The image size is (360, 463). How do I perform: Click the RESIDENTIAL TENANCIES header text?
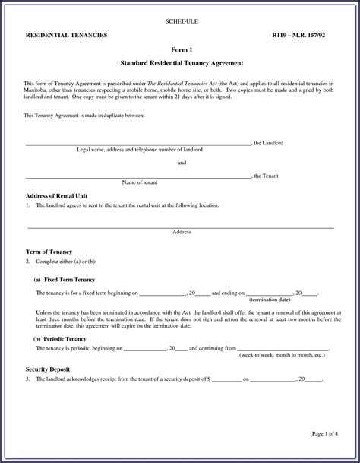coord(67,36)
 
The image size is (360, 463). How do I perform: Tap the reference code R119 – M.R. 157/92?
coord(303,36)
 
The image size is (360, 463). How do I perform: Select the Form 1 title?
coord(180,49)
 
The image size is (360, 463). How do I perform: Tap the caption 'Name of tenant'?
coord(140,182)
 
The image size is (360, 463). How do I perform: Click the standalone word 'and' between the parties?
coord(182,163)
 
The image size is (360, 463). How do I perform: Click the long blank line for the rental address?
coord(181,227)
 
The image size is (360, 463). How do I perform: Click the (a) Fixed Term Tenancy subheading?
coord(69,280)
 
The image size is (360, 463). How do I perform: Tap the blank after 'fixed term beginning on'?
coord(163,293)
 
